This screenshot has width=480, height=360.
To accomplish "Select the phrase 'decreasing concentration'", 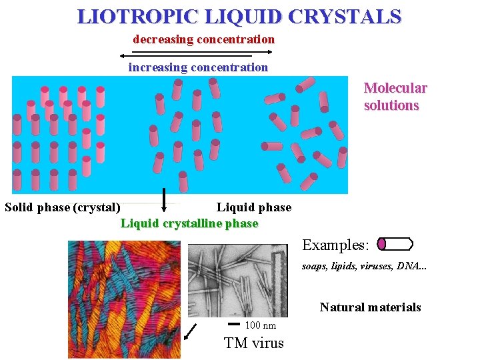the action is point(203,39).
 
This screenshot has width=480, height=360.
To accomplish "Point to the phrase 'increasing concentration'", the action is point(198,67).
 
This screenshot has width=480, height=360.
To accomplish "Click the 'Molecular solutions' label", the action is point(395,97).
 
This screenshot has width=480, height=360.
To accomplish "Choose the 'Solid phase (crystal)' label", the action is point(63,207).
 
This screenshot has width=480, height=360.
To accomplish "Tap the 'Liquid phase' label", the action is point(254,207).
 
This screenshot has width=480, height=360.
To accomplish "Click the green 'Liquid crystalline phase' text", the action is point(189,223).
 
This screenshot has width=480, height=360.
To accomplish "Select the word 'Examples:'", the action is point(335,245).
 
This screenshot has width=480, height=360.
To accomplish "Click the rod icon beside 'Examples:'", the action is point(395,244).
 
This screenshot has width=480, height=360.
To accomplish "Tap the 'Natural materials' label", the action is point(370,307).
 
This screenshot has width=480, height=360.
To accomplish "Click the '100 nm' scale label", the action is point(261,325).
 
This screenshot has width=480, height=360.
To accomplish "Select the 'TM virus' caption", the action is point(254,343).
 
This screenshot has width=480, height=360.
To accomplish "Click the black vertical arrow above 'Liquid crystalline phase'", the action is point(164,198).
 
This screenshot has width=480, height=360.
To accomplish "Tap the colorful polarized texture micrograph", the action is point(123,299).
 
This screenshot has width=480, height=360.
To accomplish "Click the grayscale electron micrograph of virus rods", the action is point(237,280).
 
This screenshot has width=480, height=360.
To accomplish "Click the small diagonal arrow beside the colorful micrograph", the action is point(191,330).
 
